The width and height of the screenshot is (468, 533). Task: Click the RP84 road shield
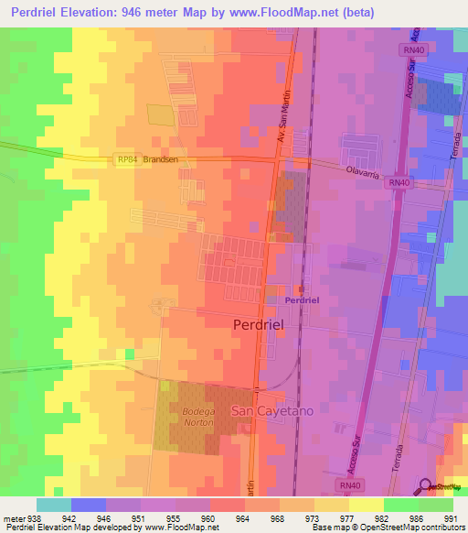[126, 158]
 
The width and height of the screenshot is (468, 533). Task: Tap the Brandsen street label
[159, 158]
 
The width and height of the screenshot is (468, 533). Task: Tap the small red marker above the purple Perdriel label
[300, 289]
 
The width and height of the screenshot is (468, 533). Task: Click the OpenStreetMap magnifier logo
[425, 486]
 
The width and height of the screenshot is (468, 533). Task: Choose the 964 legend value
[244, 517]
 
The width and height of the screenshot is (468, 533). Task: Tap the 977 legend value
[348, 517]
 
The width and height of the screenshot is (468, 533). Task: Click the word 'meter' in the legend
[12, 517]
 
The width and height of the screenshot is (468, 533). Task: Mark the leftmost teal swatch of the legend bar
[53, 505]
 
